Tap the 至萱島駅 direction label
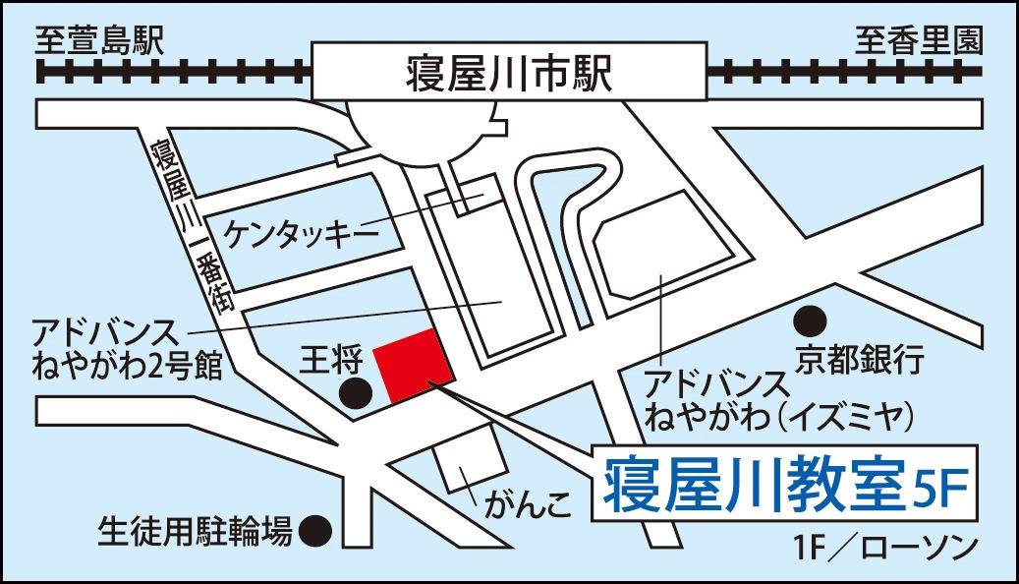pos(98,40)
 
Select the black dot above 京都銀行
pos(809,320)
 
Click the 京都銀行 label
pos(861,360)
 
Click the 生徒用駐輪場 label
pos(195,532)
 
